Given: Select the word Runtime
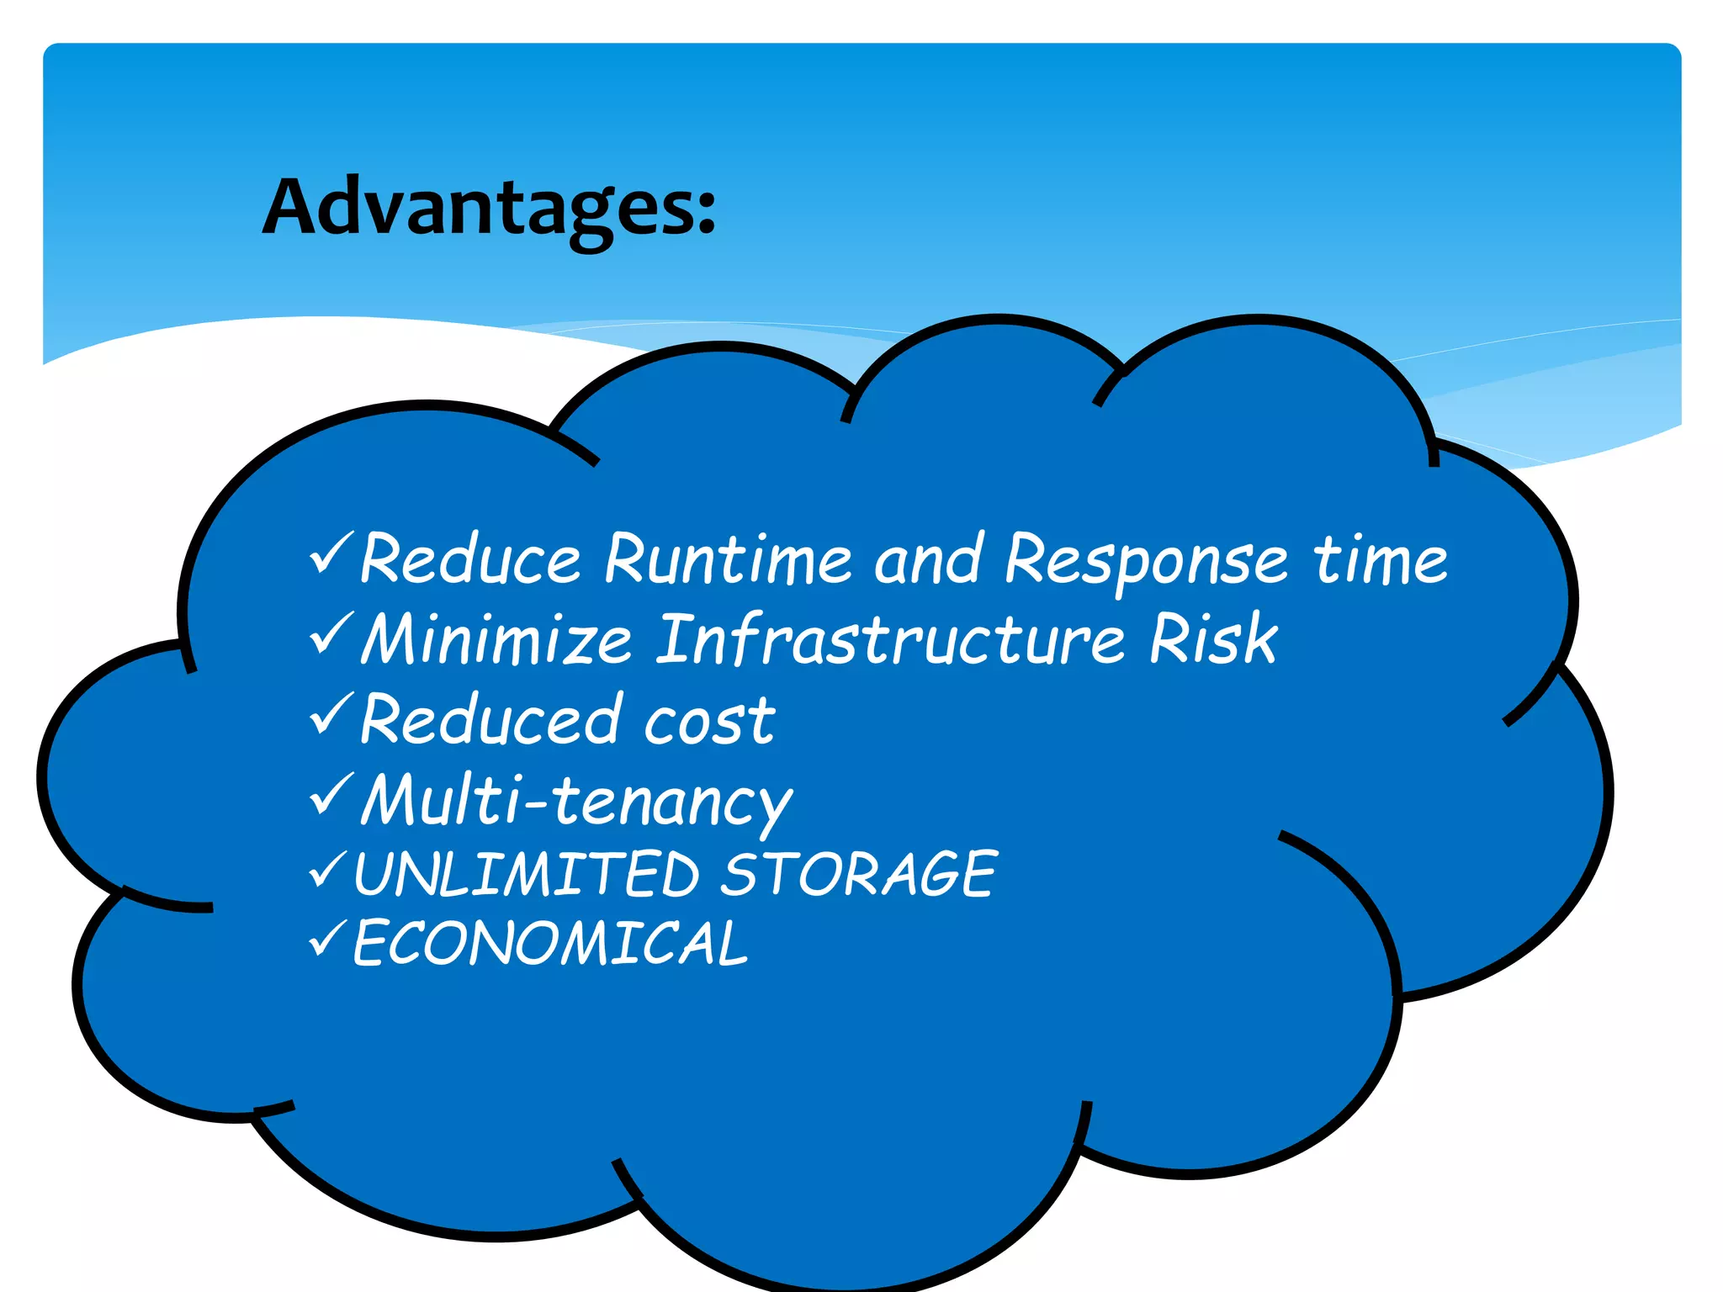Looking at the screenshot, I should (x=729, y=560).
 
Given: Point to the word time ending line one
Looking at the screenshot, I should (x=1381, y=560).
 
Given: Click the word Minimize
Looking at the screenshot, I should (x=496, y=640).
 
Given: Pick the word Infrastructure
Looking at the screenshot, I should (x=890, y=640).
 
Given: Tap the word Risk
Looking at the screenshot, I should (x=1212, y=640).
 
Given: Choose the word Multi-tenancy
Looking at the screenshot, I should (x=577, y=801).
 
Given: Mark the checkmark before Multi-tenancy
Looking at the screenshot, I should (x=331, y=795).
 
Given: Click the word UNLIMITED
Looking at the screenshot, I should (x=527, y=875).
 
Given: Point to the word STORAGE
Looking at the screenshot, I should (x=859, y=875).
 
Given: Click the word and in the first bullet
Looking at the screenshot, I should (x=928, y=560).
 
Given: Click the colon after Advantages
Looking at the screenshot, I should (x=706, y=210).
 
